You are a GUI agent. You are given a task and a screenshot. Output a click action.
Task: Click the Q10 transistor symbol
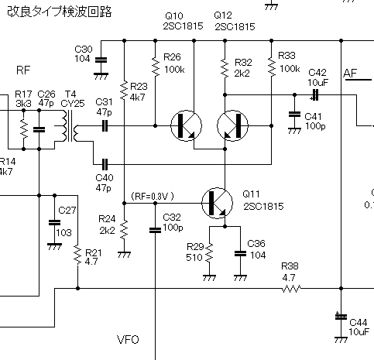click(x=186, y=126)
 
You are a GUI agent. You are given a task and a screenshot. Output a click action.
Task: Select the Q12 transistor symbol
click(x=232, y=126)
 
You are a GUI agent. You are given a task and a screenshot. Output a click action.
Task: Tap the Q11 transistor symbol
click(x=217, y=204)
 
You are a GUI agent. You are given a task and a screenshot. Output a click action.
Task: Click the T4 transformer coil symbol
click(x=70, y=126)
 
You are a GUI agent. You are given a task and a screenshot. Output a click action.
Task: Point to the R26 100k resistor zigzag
click(x=156, y=67)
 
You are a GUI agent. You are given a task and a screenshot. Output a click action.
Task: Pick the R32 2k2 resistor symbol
click(x=225, y=68)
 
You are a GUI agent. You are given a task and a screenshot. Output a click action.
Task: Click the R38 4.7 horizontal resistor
click(x=291, y=289)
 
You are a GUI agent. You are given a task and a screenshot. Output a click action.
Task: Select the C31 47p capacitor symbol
click(x=105, y=126)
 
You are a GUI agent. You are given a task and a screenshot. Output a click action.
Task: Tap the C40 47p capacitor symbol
click(x=105, y=164)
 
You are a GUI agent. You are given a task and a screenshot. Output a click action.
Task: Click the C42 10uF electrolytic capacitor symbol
click(x=315, y=95)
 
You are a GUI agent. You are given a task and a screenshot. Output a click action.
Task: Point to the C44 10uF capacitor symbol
click(x=341, y=317)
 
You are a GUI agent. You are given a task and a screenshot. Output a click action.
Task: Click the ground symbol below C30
click(x=101, y=77)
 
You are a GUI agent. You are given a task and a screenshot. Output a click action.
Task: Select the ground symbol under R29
click(x=209, y=278)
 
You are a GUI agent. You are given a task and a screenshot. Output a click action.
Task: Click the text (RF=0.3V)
click(x=153, y=197)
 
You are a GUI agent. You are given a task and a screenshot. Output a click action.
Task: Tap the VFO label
click(x=128, y=340)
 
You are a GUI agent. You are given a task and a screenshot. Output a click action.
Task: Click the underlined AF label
click(x=356, y=74)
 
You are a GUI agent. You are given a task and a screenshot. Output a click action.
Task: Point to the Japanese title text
click(x=60, y=12)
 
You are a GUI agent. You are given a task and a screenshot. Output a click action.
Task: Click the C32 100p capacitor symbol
click(x=155, y=230)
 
